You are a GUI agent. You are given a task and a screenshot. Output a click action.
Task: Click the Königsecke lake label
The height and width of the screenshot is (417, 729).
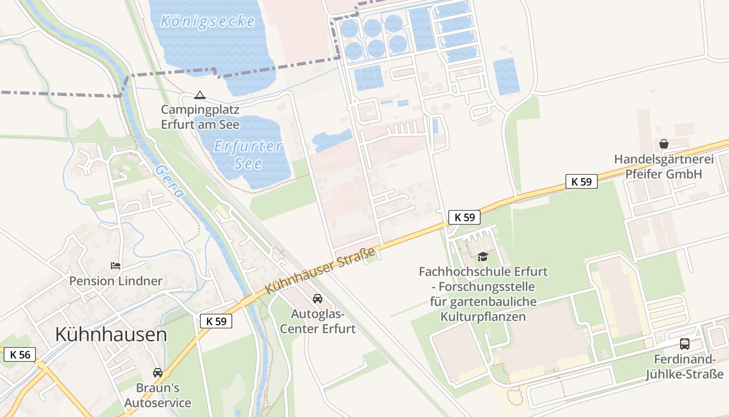[208, 21]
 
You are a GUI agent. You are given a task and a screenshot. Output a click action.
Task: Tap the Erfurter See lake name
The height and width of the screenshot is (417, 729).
[248, 155]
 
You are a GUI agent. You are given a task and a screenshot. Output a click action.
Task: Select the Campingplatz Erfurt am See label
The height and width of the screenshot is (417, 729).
[200, 117]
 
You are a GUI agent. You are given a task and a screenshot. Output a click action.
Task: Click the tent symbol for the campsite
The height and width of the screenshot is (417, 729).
[199, 95]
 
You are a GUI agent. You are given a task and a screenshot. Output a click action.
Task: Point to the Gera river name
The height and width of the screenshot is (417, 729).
[170, 180]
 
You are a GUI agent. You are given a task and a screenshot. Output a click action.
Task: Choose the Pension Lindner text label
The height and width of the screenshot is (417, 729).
[116, 281]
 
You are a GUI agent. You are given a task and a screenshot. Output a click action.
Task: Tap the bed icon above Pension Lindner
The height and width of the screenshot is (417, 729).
[116, 266]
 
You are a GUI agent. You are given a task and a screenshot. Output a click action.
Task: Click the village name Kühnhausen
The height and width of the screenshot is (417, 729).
[111, 335]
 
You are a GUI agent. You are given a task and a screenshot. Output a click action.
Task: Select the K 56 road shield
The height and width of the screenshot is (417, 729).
[20, 355]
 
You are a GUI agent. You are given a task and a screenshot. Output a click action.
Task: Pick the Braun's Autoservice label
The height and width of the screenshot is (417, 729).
[157, 396]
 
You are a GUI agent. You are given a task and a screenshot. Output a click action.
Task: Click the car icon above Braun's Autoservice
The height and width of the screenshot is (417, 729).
[157, 373]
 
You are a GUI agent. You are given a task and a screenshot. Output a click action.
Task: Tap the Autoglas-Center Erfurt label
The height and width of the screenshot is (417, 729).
[318, 322]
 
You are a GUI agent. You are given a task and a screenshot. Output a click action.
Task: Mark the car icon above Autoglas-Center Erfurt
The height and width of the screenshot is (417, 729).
[317, 299]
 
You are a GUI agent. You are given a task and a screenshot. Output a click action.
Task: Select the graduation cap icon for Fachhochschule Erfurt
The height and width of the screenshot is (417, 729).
[483, 256]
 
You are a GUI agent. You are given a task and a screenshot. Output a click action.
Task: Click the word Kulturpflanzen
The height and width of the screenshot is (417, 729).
[483, 316]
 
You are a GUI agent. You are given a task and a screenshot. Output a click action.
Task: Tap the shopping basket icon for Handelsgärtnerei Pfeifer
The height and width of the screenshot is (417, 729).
[663, 143]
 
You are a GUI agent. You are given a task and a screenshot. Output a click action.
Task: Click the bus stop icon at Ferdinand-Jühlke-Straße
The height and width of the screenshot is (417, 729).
[684, 344]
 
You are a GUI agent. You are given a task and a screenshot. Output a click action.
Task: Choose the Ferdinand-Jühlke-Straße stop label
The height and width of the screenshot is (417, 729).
[684, 367]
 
